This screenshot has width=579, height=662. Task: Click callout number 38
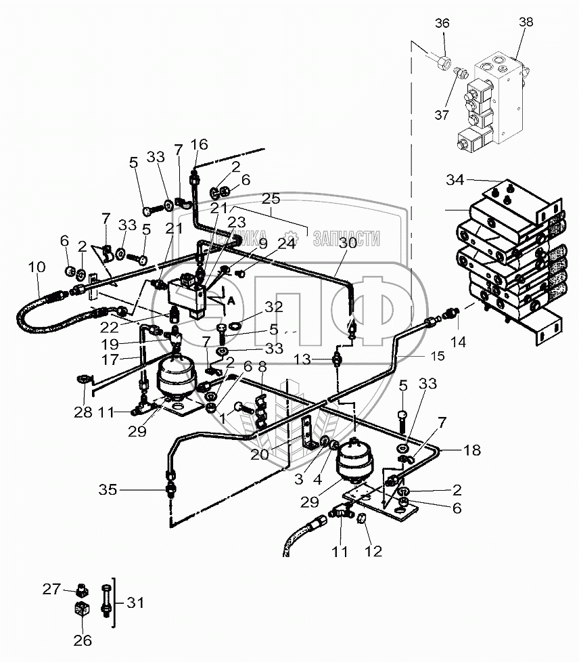point(526,22)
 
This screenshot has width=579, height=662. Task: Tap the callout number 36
point(442,24)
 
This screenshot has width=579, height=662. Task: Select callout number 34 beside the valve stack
point(455,181)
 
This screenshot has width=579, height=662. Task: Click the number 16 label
point(199,144)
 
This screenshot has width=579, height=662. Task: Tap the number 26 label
point(83,641)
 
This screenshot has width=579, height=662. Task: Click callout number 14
point(459,343)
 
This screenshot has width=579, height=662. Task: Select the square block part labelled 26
point(82,612)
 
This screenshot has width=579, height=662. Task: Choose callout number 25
point(271,200)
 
